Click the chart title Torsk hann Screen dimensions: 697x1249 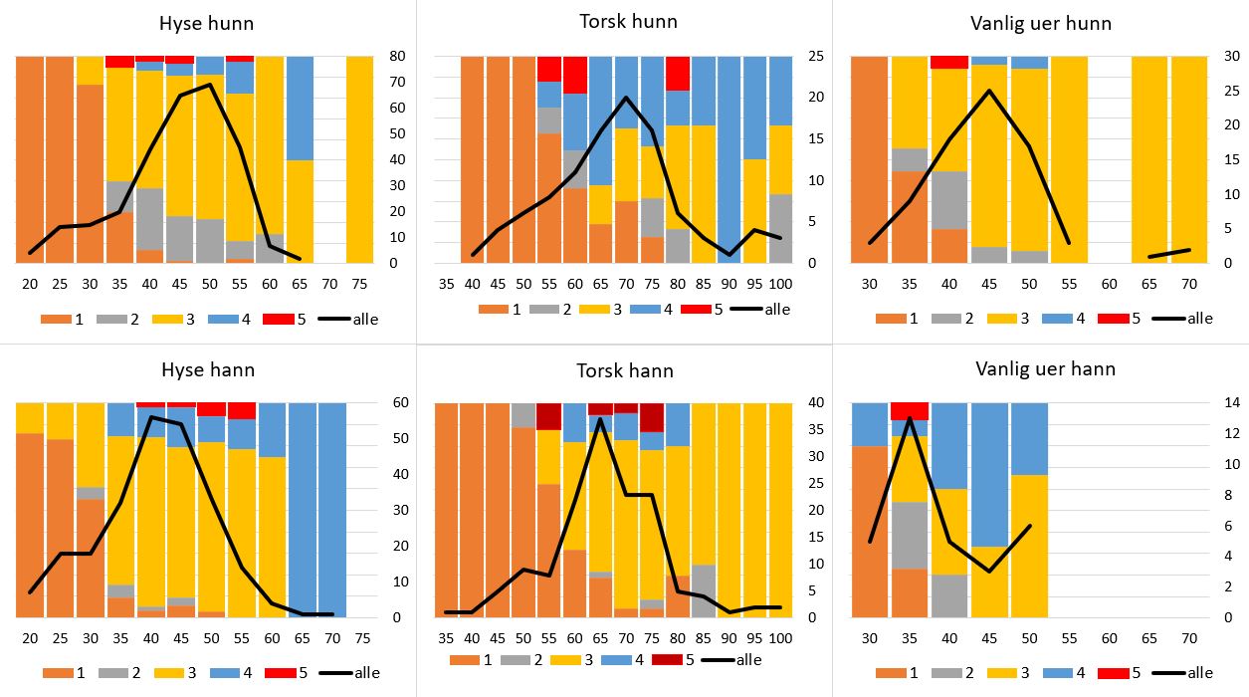625,370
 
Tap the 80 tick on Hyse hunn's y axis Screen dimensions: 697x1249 396,56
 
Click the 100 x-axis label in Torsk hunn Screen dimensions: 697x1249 782,284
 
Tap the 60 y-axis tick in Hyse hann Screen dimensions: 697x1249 396,402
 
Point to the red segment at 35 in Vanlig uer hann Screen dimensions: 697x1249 909,410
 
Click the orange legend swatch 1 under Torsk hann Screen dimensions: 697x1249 464,659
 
